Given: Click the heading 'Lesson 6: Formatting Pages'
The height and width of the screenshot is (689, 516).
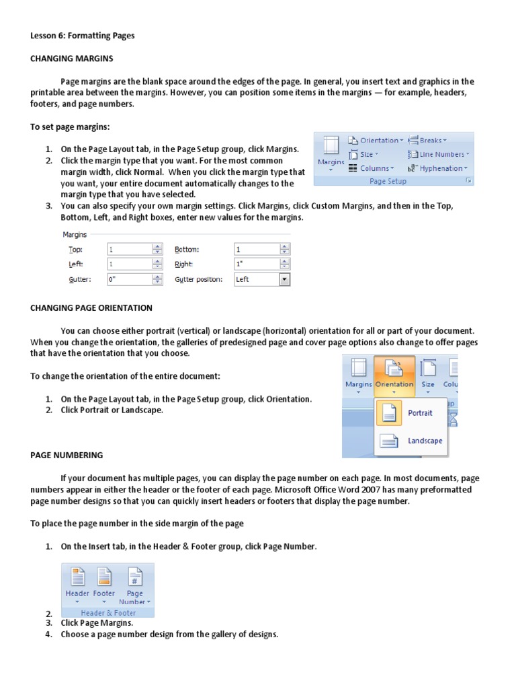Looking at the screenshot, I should (x=83, y=36).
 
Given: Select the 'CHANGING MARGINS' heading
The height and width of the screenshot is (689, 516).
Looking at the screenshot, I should (x=72, y=59).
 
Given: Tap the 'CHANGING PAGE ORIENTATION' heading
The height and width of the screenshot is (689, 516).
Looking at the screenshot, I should (x=91, y=307).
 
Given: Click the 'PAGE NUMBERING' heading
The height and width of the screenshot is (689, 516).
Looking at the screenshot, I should (x=67, y=455).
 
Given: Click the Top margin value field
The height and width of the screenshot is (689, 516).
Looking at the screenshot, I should (x=130, y=249).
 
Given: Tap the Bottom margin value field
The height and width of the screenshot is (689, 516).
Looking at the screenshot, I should (x=256, y=249).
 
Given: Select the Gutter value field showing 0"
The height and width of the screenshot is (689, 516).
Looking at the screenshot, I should (x=130, y=279).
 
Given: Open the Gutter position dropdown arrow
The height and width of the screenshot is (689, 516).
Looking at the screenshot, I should (x=284, y=279).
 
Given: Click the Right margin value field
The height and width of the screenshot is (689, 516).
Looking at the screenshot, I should (x=256, y=264).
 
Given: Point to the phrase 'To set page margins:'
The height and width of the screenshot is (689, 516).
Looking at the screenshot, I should (x=70, y=126).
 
